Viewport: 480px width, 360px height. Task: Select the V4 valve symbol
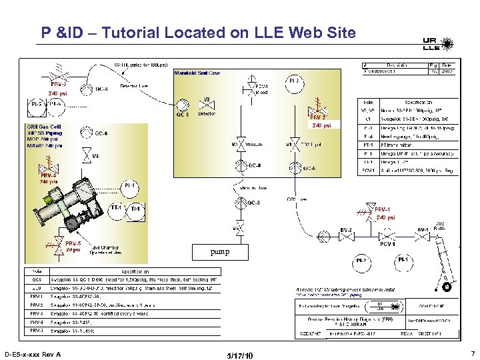point(85,155)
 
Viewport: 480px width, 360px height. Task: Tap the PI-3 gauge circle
point(293,81)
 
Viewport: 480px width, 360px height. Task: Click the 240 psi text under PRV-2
point(321,125)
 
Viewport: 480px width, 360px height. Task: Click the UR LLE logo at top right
point(431,43)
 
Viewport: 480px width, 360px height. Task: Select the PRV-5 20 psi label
point(74,246)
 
